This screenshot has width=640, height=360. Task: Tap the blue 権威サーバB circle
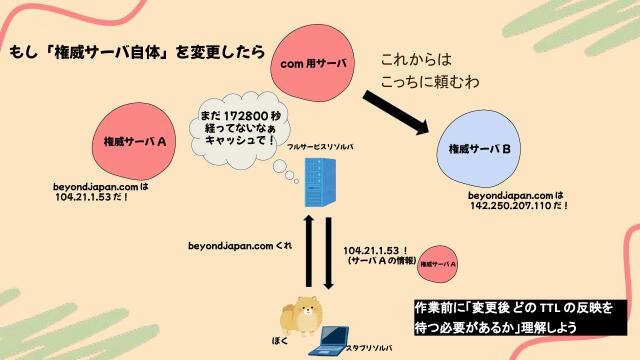(481, 150)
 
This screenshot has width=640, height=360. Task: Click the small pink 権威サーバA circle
(439, 263)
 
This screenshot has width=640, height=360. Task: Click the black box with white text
(520, 317)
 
